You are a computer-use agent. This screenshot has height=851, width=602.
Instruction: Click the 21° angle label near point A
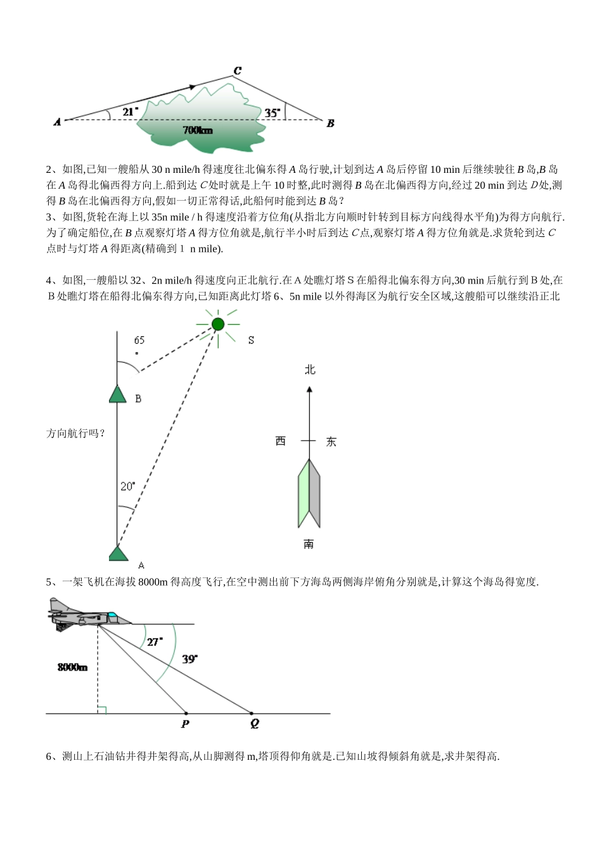130,111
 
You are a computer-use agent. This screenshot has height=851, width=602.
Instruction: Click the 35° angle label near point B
272,113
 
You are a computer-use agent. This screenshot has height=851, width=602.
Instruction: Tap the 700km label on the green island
198,130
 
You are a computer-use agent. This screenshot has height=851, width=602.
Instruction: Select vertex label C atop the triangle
237,71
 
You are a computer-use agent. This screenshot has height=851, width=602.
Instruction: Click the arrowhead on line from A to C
192,87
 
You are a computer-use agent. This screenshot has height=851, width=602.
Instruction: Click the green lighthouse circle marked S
218,325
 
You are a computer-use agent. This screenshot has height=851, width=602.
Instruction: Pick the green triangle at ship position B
118,394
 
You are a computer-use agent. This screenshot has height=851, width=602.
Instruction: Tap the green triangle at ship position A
118,553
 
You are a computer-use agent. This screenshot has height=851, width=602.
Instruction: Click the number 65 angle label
139,341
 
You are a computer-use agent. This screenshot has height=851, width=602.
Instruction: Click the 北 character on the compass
309,370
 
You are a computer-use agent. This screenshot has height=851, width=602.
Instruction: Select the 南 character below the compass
309,544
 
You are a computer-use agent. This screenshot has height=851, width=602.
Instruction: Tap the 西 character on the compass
281,441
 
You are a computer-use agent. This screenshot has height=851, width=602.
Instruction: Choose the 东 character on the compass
331,442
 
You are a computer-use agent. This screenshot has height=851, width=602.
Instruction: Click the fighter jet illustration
86,615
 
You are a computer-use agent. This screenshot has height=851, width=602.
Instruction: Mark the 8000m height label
72,667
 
